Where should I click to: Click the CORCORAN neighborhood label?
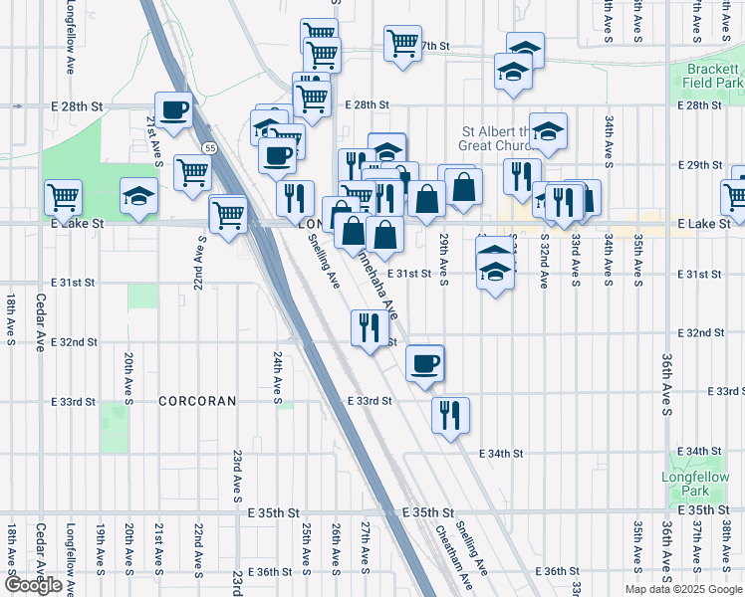point(198,401)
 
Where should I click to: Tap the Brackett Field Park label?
point(714,77)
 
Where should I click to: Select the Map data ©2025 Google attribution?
point(682,589)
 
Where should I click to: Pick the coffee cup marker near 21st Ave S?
point(173,109)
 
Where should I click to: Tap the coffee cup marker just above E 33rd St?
point(425,362)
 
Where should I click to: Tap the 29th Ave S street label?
point(443,257)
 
